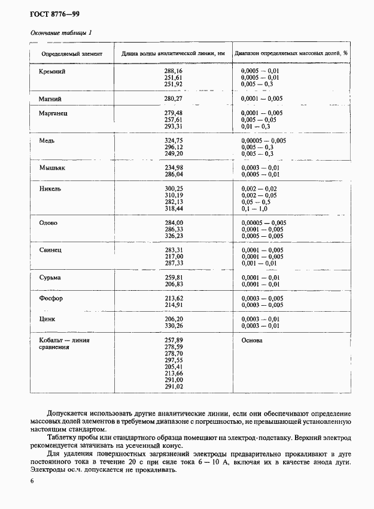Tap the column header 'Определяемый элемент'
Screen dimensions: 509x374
(x=72, y=54)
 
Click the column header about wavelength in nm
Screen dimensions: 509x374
(x=174, y=54)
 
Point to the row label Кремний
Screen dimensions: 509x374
(x=52, y=71)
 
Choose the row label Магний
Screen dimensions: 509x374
(x=50, y=98)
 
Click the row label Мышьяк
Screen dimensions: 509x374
(x=52, y=168)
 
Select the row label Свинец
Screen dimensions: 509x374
(x=51, y=249)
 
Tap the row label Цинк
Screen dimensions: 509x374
(x=47, y=319)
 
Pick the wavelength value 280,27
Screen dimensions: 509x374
(x=173, y=98)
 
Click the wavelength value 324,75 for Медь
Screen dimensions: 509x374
(x=173, y=140)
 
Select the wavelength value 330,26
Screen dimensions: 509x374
(x=173, y=326)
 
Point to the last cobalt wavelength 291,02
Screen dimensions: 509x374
(x=173, y=387)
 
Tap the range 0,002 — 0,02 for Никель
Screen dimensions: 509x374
(x=259, y=188)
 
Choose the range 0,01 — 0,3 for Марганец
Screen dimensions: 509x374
(x=256, y=127)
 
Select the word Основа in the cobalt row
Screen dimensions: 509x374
(x=251, y=340)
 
